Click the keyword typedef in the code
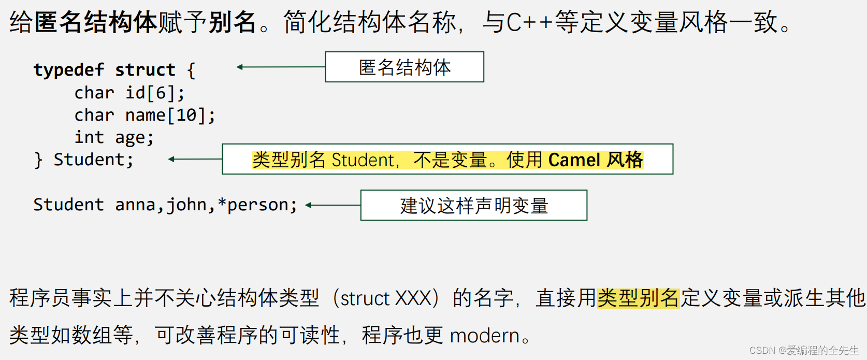click(x=69, y=70)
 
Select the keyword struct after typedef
click(x=145, y=70)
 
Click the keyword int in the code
click(x=89, y=137)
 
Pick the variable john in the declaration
click(x=186, y=205)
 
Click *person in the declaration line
click(x=253, y=205)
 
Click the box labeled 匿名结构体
click(x=404, y=67)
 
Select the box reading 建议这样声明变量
click(x=474, y=205)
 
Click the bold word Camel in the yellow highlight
click(x=574, y=160)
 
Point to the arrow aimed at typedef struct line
click(x=280, y=67)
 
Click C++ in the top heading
click(x=529, y=23)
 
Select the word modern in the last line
click(x=484, y=336)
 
